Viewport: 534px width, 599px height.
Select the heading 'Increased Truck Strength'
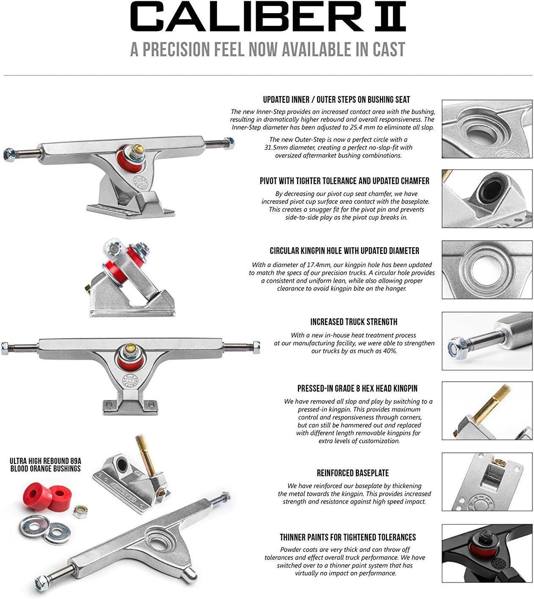coord(353,322)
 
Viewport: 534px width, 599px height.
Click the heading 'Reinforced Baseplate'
coord(352,473)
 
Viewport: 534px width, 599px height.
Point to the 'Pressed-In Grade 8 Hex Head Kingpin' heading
coord(357,388)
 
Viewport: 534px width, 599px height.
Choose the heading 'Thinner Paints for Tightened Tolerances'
coord(348,537)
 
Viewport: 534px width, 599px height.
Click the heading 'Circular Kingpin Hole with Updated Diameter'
coord(344,251)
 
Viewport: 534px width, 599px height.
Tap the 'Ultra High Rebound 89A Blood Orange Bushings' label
coord(45,464)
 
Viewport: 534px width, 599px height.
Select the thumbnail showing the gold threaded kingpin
coord(487,411)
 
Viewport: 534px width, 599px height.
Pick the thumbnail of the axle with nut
coord(487,341)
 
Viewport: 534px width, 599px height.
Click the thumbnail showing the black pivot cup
coord(487,199)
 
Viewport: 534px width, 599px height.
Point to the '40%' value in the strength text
coord(389,351)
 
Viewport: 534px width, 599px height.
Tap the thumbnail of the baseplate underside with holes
coord(487,482)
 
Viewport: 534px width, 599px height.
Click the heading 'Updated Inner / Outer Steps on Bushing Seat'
coord(336,100)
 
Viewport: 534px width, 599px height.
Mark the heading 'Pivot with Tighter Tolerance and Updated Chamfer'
coord(344,181)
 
